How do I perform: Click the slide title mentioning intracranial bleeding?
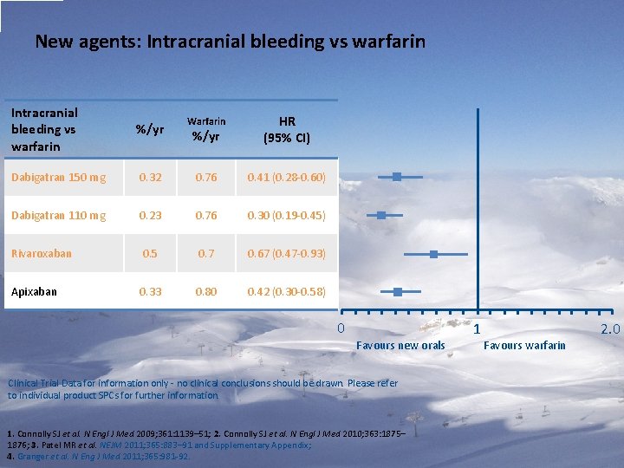point(230,42)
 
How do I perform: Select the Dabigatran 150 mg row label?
point(58,178)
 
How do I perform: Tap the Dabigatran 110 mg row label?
point(58,216)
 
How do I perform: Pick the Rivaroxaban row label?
point(42,254)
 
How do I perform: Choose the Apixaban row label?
point(34,292)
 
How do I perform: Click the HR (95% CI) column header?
point(286,130)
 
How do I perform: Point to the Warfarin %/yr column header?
point(206,129)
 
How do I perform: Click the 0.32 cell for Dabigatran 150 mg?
point(150,178)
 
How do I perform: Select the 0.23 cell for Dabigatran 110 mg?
point(150,216)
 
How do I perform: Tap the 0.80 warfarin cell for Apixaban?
point(206,292)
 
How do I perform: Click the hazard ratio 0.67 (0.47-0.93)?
point(286,254)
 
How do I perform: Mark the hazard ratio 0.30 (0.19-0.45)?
point(286,216)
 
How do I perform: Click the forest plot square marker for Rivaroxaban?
point(433,254)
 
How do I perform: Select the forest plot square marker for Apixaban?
point(398,292)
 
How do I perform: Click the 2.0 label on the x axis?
point(610,329)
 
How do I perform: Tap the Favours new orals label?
point(400,346)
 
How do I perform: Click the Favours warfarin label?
point(524,346)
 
